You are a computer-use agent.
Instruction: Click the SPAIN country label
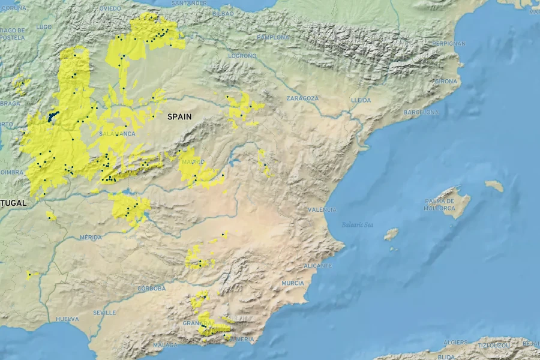(180, 117)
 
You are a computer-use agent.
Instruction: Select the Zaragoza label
(302, 98)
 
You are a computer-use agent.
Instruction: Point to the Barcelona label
(422, 112)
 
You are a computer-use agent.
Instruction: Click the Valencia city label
(322, 209)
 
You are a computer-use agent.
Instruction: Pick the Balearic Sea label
(358, 225)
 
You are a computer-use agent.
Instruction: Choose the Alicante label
(318, 265)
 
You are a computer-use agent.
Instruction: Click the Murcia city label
(293, 283)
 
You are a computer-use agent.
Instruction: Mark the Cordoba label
(151, 289)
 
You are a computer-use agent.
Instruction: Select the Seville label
(105, 313)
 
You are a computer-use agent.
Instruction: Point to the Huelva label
(67, 319)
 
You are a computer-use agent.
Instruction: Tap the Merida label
(91, 238)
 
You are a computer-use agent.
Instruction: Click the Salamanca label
(117, 134)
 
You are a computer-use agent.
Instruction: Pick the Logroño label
(242, 56)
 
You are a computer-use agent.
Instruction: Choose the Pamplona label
(274, 37)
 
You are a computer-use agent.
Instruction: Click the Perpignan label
(448, 43)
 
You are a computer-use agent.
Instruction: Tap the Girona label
(446, 81)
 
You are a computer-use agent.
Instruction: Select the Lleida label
(361, 100)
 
